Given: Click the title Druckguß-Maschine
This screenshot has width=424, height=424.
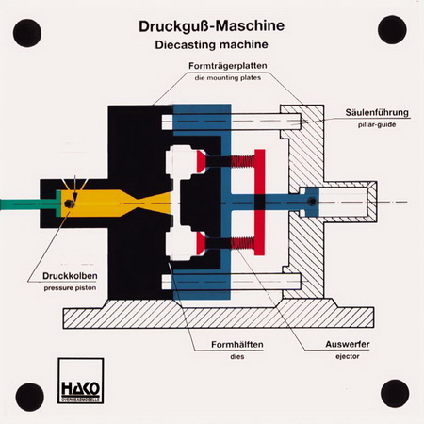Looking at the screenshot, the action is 212,26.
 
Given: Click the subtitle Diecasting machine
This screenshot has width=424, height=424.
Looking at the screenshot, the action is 211,44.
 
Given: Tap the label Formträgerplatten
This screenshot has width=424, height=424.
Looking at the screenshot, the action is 228,66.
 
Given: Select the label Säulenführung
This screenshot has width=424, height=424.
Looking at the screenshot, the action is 377,112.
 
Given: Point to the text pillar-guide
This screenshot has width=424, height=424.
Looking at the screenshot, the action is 377,124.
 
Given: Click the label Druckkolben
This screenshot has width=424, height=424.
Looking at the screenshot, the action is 70,276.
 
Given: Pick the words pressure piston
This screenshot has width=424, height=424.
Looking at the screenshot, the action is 70,288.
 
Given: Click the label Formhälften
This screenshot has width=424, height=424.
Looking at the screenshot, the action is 237,345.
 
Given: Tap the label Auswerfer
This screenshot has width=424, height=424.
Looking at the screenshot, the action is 348,344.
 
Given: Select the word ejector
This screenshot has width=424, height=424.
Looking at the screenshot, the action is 348,356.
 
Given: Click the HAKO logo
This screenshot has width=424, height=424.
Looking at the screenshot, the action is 81,381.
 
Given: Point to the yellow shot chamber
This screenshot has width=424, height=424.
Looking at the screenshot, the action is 116,204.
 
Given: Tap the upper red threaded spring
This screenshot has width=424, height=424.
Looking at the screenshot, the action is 243,161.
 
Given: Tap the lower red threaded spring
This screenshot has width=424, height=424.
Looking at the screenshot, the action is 243,243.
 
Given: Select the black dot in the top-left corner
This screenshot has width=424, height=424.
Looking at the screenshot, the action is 27,33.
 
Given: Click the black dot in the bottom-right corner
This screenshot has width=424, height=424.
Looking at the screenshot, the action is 395,394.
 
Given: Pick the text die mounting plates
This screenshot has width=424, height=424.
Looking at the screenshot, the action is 228,78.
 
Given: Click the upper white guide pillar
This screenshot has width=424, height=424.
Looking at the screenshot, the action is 232,122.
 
